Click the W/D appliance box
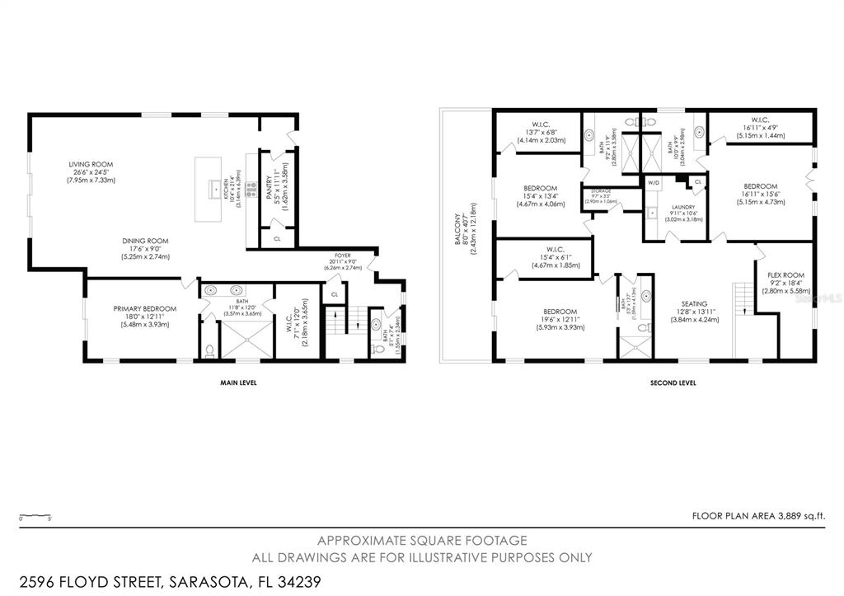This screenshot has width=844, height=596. click(654, 182)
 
